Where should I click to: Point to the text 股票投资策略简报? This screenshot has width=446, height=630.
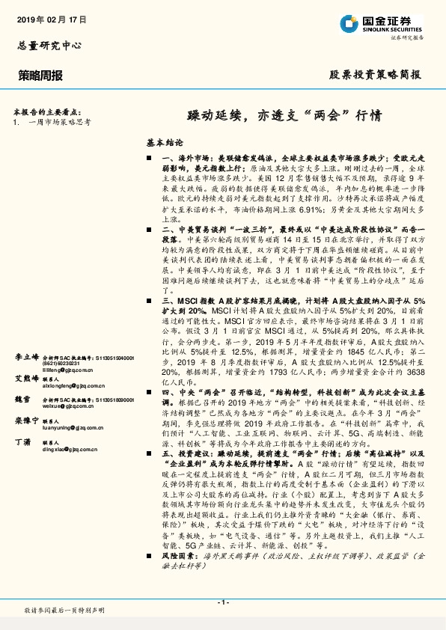(375, 75)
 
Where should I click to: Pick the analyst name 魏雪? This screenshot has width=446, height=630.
(22, 400)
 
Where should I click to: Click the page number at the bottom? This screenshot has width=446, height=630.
(222, 602)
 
